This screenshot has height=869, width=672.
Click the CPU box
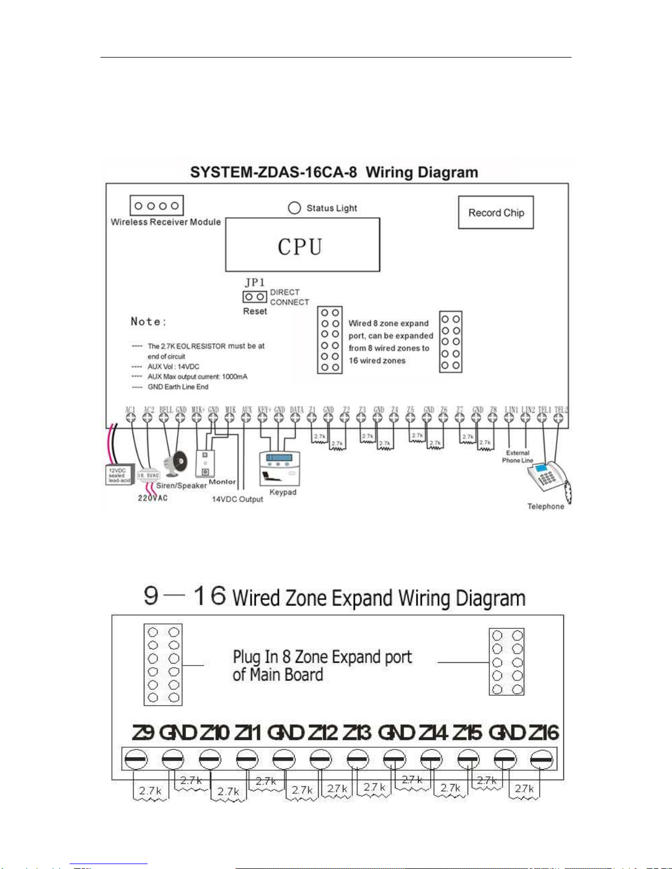[x=302, y=245]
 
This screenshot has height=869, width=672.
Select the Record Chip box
[x=496, y=212]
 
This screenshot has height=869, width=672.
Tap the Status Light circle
[x=295, y=208]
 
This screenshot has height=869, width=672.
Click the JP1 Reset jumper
[x=255, y=297]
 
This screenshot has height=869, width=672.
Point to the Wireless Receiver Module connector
[x=157, y=206]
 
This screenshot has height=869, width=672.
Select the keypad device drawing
[x=279, y=469]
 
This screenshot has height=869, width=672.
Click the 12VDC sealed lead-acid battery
[x=119, y=475]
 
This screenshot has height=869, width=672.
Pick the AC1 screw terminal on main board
[x=131, y=418]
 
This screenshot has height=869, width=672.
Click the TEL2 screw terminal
[x=558, y=418]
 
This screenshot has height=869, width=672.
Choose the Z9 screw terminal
[x=135, y=760]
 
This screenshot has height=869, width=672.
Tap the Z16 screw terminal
[x=541, y=760]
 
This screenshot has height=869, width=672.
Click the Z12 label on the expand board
[x=322, y=732]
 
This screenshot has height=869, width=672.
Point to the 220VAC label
[x=153, y=498]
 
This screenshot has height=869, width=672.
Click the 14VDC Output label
[x=238, y=499]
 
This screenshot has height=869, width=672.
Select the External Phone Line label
[x=517, y=457]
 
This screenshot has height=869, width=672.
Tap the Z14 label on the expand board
[x=433, y=732]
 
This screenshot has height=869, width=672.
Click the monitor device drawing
[x=205, y=463]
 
